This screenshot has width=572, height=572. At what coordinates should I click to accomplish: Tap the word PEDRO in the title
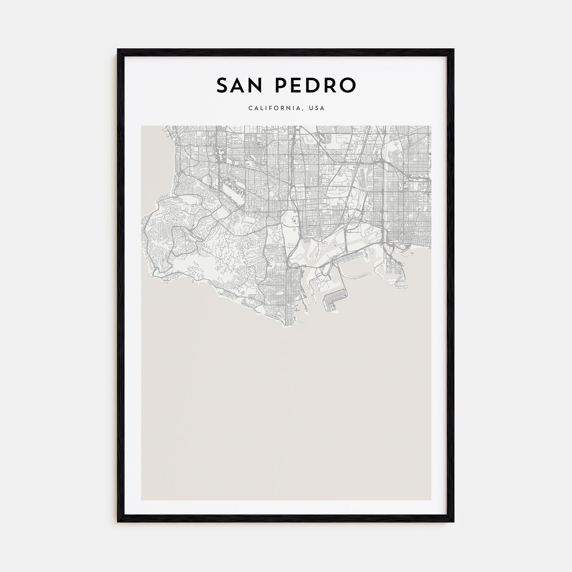(313, 85)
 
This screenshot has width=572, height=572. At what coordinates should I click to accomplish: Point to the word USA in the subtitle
(317, 108)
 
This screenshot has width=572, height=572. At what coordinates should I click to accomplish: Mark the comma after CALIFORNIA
(303, 110)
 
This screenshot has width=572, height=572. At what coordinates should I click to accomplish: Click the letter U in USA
(311, 108)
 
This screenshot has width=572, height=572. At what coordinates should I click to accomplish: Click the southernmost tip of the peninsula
(285, 326)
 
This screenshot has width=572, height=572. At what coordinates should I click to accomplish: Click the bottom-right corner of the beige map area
(431, 500)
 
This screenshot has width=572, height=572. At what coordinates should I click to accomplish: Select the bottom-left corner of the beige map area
(141, 500)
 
